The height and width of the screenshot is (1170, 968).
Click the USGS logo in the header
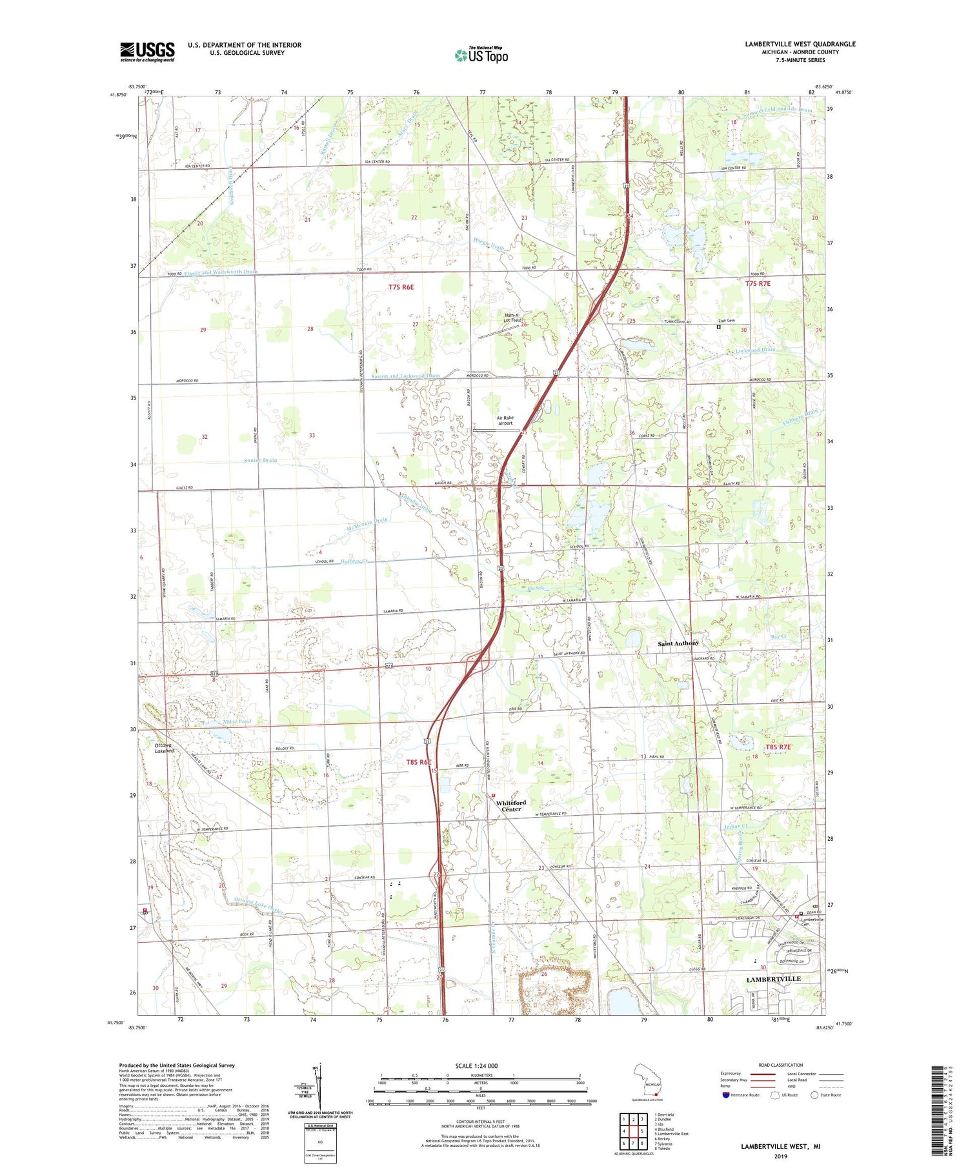[147, 52]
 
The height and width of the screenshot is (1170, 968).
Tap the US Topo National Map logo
[481, 55]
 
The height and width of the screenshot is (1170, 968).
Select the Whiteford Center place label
[511, 805]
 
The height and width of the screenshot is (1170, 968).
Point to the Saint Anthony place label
[678, 643]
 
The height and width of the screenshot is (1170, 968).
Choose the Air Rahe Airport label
[505, 421]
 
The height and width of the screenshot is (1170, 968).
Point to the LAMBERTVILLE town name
[773, 978]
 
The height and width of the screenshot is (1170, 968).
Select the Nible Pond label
[237, 721]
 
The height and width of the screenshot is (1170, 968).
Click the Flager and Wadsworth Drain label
[221, 272]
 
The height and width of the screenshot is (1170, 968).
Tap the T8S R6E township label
[419, 762]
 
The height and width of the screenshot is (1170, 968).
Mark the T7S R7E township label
[758, 283]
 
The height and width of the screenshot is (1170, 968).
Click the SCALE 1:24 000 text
[476, 1065]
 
